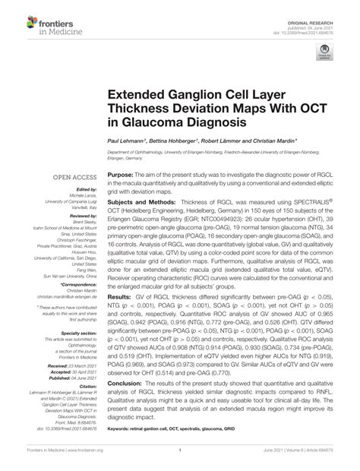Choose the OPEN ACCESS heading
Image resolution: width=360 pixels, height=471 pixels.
(x=73, y=177)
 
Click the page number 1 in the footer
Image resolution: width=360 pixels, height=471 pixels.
(x=179, y=460)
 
